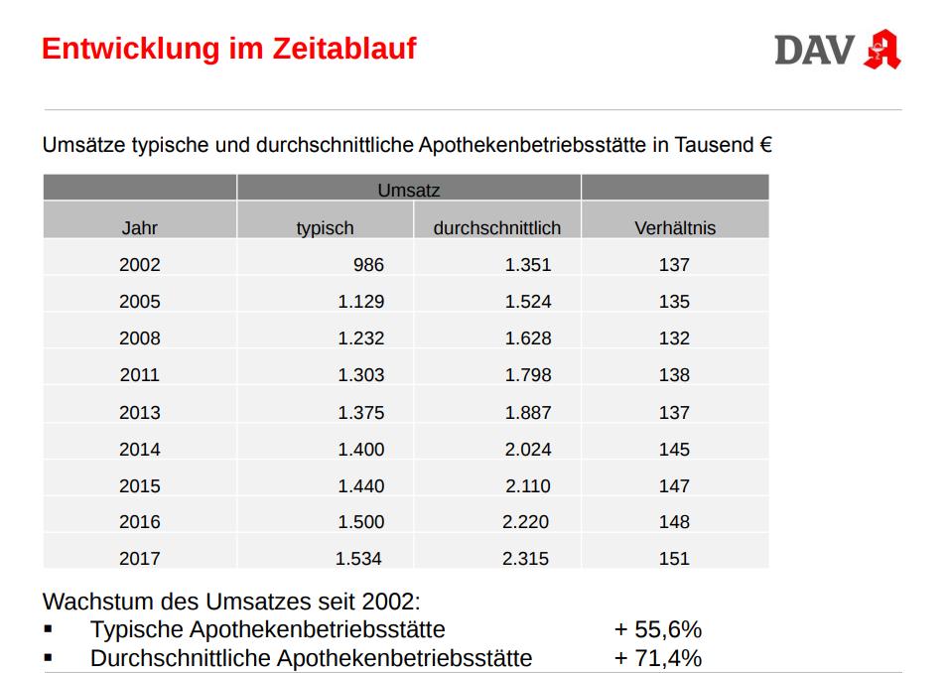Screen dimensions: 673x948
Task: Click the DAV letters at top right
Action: pos(814,50)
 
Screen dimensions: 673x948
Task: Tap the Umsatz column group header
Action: pos(408,190)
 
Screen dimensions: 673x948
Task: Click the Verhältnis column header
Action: pos(674,227)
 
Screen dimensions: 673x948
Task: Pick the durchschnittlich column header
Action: pos(496,227)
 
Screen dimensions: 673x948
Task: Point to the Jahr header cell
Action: pos(139,227)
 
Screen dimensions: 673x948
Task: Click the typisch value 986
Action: pos(368,265)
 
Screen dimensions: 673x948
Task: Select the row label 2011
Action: pos(139,375)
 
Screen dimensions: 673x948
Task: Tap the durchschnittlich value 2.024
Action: pos(527,449)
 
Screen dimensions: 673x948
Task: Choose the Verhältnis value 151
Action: pos(674,559)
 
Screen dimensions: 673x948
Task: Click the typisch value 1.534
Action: pos(359,559)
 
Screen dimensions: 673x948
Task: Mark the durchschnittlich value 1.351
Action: pos(527,265)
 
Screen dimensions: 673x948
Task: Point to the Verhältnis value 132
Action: pos(674,338)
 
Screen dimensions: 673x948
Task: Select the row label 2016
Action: pos(139,522)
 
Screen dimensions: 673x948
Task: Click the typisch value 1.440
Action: pos(360,486)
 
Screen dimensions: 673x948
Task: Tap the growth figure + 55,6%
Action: pos(657,629)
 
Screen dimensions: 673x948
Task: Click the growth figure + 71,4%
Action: pos(657,658)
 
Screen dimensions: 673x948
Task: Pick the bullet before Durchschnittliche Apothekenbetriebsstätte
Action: pos(48,658)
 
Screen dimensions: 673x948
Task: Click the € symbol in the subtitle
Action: pos(765,145)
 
